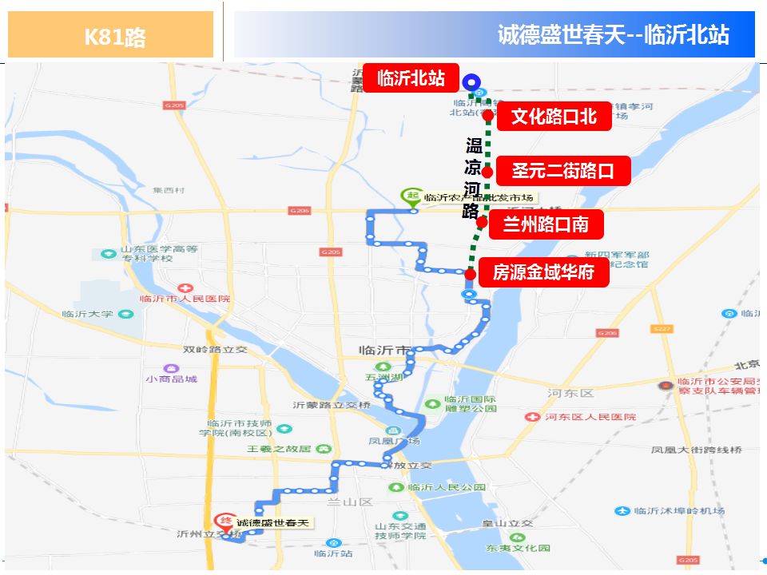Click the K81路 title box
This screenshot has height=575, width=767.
(x=111, y=35)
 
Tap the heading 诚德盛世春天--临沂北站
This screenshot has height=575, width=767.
(x=613, y=35)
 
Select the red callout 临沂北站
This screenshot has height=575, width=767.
(x=411, y=78)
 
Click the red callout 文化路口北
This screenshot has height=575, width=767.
(x=554, y=117)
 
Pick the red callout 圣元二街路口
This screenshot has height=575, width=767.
(x=562, y=170)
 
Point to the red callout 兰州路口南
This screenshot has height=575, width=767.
(x=545, y=224)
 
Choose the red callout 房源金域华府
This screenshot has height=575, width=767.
(x=543, y=273)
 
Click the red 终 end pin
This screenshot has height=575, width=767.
(x=227, y=521)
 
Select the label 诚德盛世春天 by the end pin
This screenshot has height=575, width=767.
(x=272, y=524)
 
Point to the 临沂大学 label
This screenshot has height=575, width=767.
(x=88, y=315)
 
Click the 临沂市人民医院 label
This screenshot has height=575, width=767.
(x=185, y=299)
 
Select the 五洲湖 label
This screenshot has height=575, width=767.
(x=379, y=377)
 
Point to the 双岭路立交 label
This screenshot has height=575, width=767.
(x=215, y=350)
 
